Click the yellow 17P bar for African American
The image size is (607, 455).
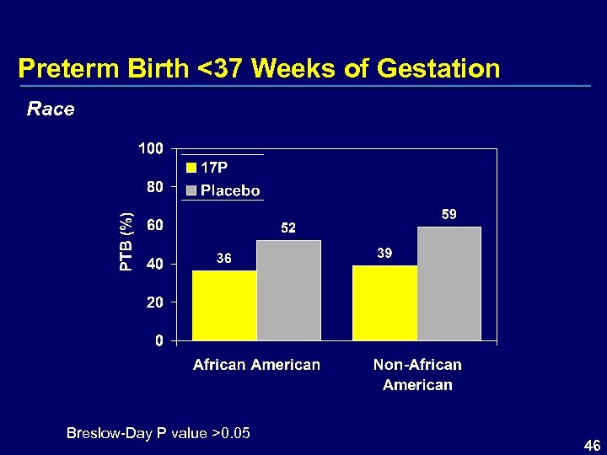[x=224, y=305]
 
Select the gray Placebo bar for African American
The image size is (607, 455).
[x=288, y=291]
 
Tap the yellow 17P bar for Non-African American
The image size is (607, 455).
[x=384, y=302]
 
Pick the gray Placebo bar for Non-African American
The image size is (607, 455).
[x=449, y=284]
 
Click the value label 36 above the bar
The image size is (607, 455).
[x=224, y=259]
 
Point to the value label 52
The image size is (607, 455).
[x=288, y=228]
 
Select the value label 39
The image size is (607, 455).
[x=384, y=254]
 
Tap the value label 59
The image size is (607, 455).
[x=449, y=215]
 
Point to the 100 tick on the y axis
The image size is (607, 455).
[x=151, y=149]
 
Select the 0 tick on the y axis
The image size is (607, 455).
[x=158, y=340]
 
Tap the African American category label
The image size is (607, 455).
[x=256, y=365]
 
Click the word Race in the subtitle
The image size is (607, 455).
[x=51, y=109]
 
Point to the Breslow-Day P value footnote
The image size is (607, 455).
[x=158, y=433]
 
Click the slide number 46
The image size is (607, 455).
[x=592, y=444]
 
